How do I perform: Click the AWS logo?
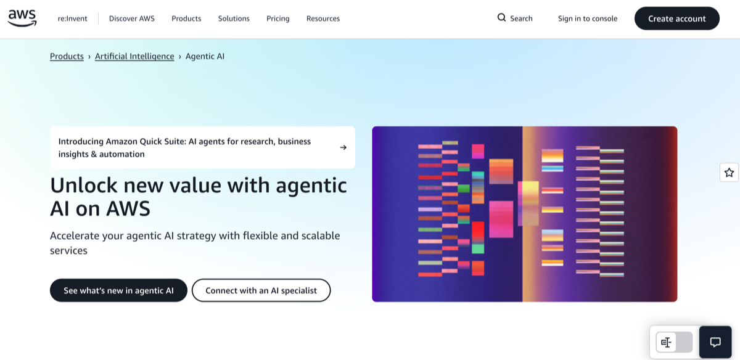(22, 18)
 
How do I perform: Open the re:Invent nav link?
(72, 18)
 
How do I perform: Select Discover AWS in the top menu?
(131, 18)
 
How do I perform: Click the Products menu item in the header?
(186, 18)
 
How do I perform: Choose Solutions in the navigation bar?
(234, 18)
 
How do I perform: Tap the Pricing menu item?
(277, 18)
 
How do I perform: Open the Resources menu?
(323, 18)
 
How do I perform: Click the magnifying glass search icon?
(501, 18)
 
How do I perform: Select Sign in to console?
(587, 18)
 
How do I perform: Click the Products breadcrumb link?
(67, 56)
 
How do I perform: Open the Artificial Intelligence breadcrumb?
(134, 56)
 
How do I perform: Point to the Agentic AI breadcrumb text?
(205, 56)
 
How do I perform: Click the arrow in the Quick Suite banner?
(343, 147)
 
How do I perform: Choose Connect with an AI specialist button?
(261, 290)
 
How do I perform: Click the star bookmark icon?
(729, 173)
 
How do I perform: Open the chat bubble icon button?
(715, 342)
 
